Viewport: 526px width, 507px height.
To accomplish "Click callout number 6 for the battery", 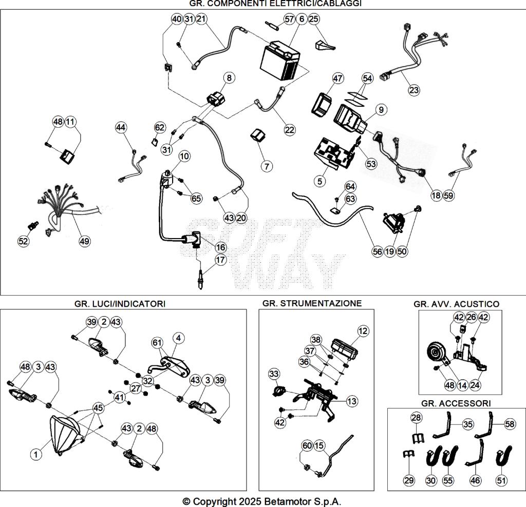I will click(301, 19).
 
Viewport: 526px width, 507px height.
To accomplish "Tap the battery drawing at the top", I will click(280, 62).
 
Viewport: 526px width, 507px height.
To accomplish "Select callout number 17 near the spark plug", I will click(220, 260).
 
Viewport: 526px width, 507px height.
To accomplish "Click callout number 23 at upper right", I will click(414, 90).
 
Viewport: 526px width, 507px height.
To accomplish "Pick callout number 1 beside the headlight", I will click(35, 454).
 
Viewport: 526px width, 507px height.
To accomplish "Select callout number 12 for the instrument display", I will click(363, 331).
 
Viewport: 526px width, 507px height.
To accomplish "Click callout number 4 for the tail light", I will click(178, 338).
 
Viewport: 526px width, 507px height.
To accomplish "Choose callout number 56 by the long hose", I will click(378, 251).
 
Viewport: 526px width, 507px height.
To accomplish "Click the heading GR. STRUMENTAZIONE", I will click(312, 303).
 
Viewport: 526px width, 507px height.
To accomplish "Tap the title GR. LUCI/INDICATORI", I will click(120, 304).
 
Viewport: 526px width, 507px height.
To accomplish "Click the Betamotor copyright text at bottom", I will click(262, 501).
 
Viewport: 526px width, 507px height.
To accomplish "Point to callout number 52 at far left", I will click(23, 241).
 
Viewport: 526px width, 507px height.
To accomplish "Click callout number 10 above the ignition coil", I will click(184, 156).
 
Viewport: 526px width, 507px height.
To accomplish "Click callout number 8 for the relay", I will click(229, 78).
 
